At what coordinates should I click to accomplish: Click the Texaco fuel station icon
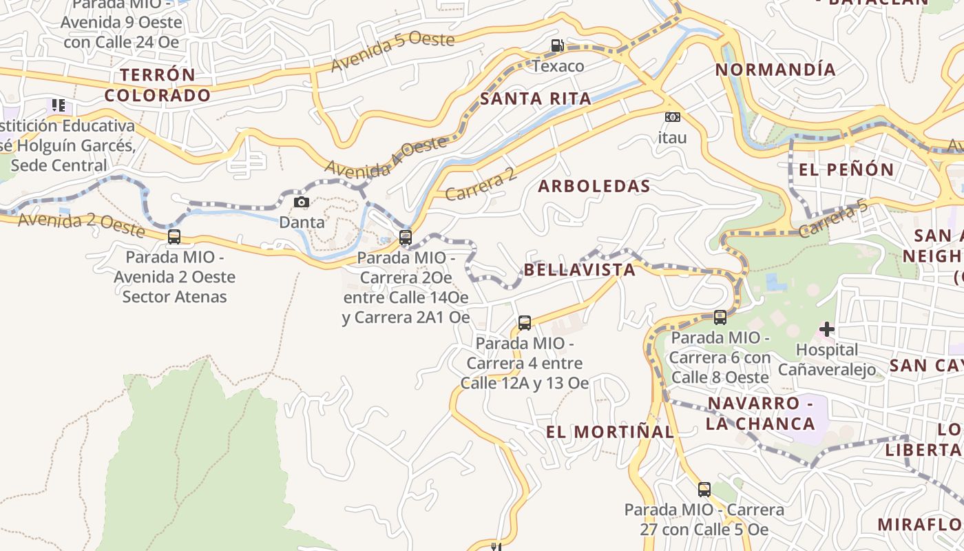tap(557, 46)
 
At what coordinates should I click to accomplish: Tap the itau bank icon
tap(672, 118)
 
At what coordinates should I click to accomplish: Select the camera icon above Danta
tap(302, 202)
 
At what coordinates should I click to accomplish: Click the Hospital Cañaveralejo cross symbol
tap(827, 329)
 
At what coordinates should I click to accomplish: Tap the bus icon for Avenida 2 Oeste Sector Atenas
tap(174, 237)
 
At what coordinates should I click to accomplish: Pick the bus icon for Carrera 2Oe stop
tap(406, 238)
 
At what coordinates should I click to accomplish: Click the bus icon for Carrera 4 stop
tap(525, 322)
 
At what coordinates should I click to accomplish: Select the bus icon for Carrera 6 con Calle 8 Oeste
tap(720, 318)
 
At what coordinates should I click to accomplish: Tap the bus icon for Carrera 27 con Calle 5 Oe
tap(704, 490)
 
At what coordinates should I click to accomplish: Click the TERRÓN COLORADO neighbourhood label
tap(158, 85)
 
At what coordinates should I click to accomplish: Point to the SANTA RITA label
tap(536, 98)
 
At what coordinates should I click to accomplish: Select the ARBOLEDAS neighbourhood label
tap(594, 186)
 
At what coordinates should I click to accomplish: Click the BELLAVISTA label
tap(580, 269)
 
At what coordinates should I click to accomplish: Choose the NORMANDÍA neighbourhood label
tap(775, 70)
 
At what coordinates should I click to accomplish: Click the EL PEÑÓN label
tap(846, 169)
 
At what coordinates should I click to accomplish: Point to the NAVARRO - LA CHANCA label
tap(760, 413)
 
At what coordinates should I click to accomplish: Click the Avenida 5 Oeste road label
tap(392, 51)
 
